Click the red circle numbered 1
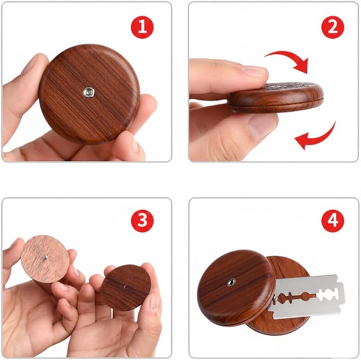(x=142, y=27)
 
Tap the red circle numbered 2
(x=332, y=27)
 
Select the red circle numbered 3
(x=142, y=221)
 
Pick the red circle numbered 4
(x=332, y=221)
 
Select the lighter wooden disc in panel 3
(x=45, y=259)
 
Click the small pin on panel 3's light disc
(x=45, y=258)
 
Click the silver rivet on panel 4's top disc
(x=231, y=281)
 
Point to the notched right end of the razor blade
(x=340, y=292)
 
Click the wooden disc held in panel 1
(x=89, y=95)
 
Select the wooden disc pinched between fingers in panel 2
(x=275, y=98)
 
